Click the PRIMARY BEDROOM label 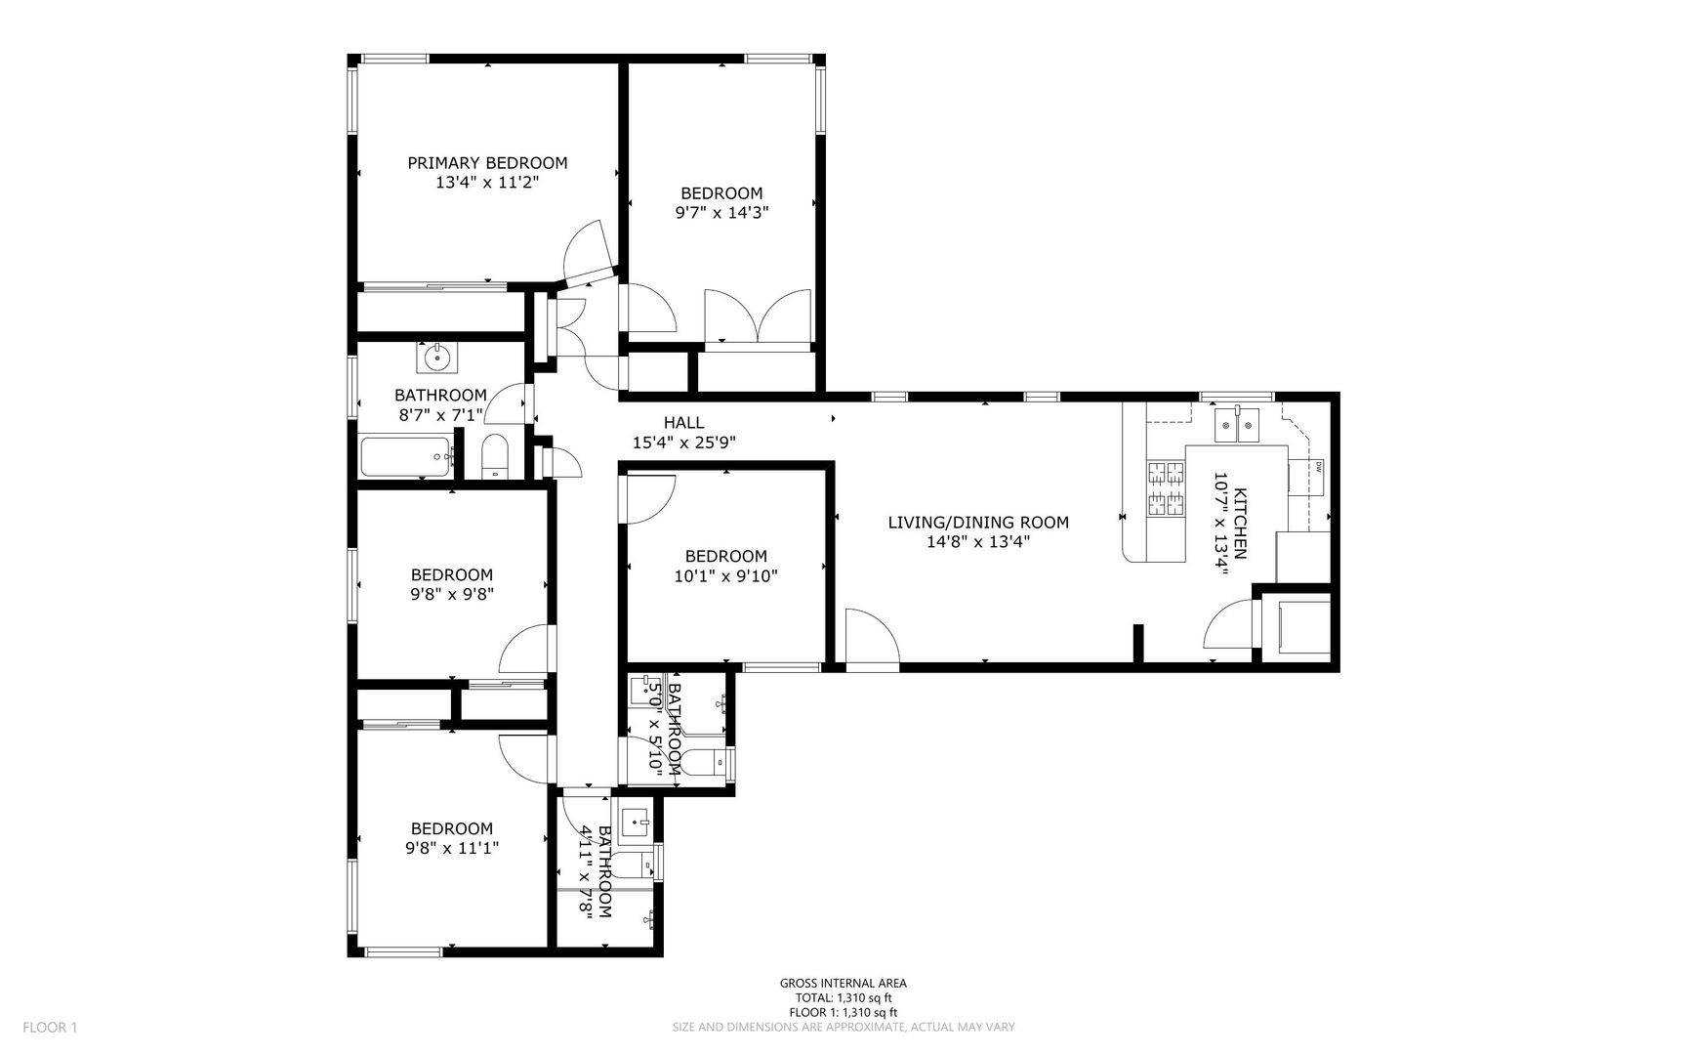(487, 163)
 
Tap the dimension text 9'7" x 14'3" (721, 212)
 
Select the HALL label (683, 423)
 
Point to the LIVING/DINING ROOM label (978, 523)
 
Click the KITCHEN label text (1241, 523)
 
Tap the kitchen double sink (1238, 426)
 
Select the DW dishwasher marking (1318, 465)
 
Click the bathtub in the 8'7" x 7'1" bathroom (407, 457)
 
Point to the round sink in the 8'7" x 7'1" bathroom (436, 358)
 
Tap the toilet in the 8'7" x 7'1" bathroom (495, 457)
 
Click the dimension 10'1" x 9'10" (725, 576)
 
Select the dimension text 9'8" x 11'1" (452, 849)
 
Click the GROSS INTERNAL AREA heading (844, 984)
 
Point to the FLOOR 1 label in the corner (50, 1027)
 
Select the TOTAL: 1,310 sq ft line (844, 998)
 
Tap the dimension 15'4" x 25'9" (684, 443)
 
